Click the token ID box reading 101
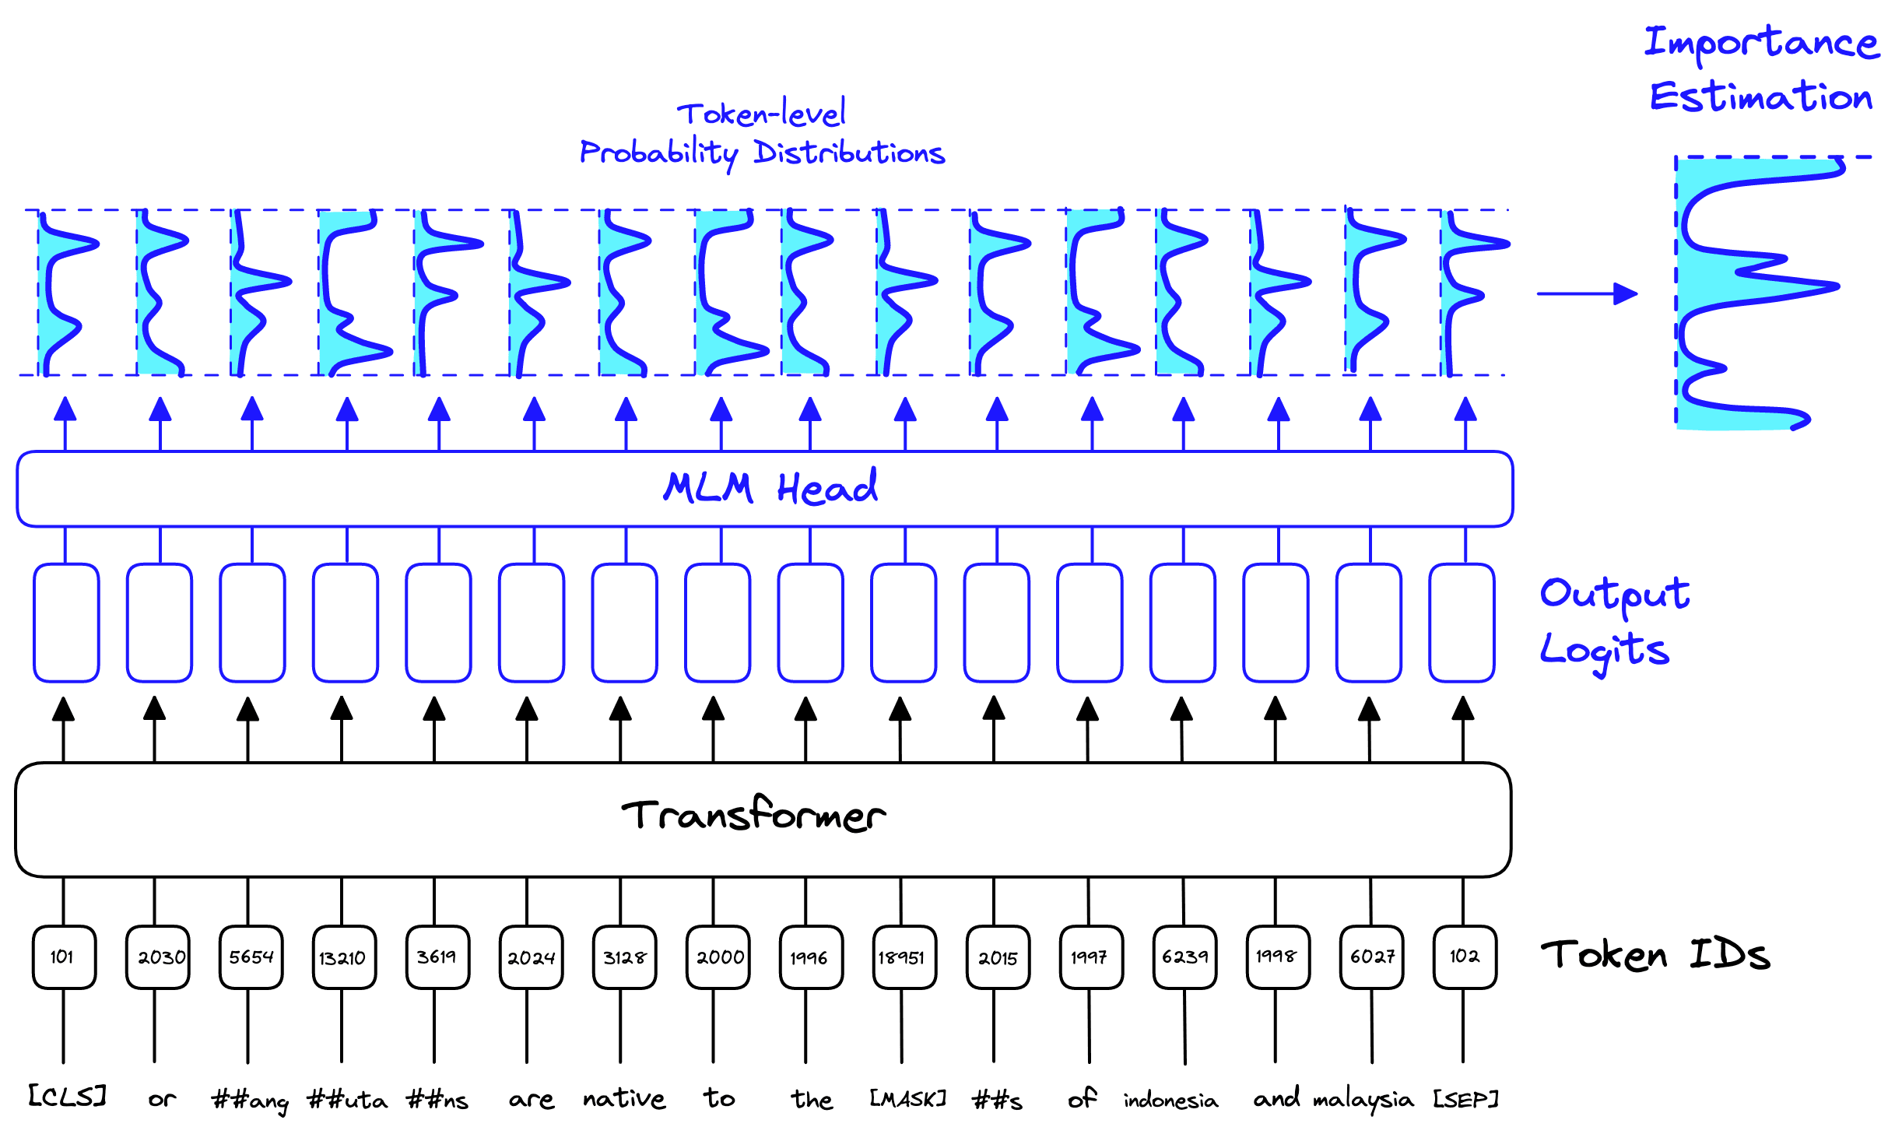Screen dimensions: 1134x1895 (64, 957)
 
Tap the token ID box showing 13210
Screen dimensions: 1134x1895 (343, 957)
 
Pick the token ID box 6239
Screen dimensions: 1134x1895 (1184, 957)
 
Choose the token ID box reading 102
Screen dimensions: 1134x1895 (1464, 957)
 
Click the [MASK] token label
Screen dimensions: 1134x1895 (907, 1098)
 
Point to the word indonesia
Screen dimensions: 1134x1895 (1170, 1100)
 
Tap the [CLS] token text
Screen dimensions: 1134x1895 (67, 1096)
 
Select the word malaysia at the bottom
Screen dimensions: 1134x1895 (1363, 1100)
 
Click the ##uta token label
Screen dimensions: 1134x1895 (347, 1100)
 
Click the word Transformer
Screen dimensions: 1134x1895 (753, 815)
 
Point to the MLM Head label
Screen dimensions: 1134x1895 (770, 488)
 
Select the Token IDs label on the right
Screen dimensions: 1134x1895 (1655, 955)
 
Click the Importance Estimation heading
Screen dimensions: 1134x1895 (1760, 70)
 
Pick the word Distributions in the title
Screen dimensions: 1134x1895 (849, 153)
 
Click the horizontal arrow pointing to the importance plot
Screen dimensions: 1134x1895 (1587, 293)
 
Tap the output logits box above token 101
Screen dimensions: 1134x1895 (66, 623)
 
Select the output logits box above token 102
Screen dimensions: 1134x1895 (1462, 623)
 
